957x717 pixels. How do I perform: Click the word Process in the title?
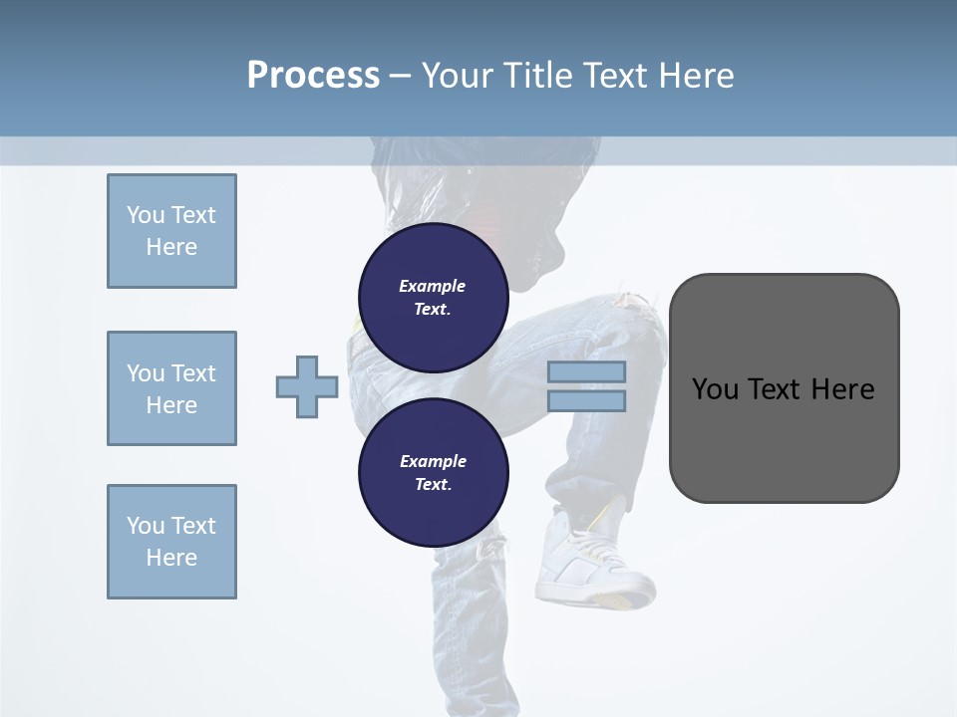pos(313,76)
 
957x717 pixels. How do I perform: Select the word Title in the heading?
pos(538,76)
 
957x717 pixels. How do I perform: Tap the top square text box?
pos(171,231)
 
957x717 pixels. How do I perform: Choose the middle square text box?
pos(171,388)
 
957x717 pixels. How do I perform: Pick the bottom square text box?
pos(171,542)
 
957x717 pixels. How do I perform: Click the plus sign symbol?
pos(307,386)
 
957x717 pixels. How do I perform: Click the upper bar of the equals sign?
pos(587,371)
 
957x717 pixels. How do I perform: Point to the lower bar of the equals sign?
pos(587,401)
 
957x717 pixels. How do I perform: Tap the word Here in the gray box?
pos(842,389)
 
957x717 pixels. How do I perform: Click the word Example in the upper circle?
pos(433,286)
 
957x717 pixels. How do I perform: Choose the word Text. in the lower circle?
pos(433,485)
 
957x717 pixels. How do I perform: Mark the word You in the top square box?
pos(145,215)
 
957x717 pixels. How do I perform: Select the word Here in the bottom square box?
pos(171,558)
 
